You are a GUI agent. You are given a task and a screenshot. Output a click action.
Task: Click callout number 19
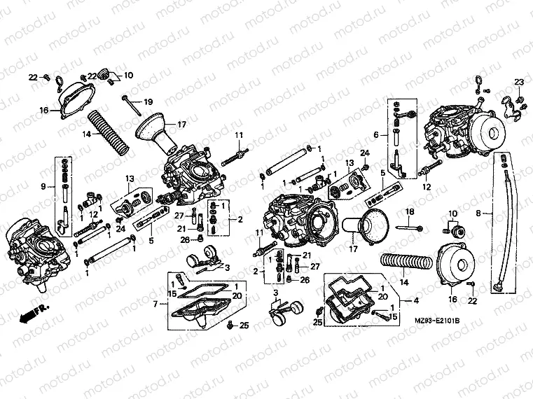[x=148, y=103]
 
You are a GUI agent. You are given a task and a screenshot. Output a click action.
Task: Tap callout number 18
[x=410, y=211]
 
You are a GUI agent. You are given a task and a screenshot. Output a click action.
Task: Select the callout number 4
[x=417, y=300]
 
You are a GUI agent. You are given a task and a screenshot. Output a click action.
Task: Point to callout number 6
[x=375, y=135]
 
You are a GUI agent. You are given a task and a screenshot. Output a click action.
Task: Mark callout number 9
[x=44, y=186]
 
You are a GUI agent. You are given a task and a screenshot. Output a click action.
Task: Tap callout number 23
[x=519, y=83]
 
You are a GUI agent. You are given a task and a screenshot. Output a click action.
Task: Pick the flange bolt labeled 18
[x=409, y=227]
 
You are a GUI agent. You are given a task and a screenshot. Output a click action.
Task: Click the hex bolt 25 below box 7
[x=231, y=324]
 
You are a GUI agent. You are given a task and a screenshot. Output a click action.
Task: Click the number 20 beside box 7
[x=237, y=296]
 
